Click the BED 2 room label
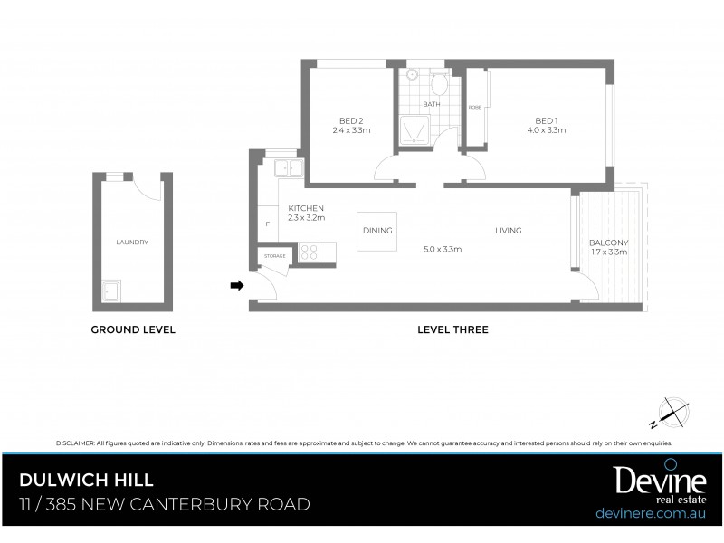click(x=351, y=121)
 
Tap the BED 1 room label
click(x=546, y=121)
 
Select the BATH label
click(x=431, y=104)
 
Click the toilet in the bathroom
click(x=439, y=84)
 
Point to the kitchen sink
click(x=289, y=167)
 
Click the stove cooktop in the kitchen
click(x=309, y=252)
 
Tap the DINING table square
click(x=377, y=230)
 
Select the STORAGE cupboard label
click(x=275, y=256)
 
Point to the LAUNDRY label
click(x=132, y=243)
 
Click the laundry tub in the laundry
click(x=112, y=291)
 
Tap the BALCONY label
click(x=608, y=243)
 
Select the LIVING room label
click(x=508, y=231)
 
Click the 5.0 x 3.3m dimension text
click(x=443, y=249)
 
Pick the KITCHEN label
click(x=306, y=208)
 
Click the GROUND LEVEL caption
click(x=133, y=330)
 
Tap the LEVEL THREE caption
click(x=452, y=330)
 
